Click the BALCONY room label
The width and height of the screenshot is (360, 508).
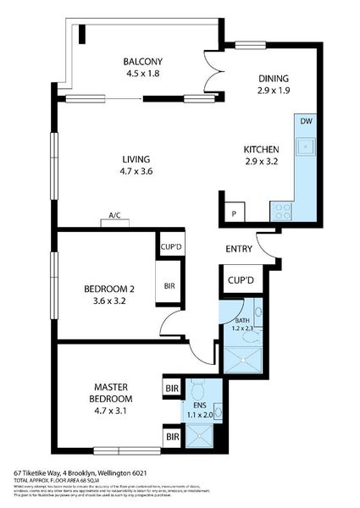tap(141, 61)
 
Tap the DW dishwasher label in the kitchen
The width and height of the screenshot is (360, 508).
tap(305, 121)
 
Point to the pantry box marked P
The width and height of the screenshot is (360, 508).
tap(233, 212)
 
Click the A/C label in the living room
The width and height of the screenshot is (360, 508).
tap(114, 216)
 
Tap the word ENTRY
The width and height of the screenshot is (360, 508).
tap(240, 249)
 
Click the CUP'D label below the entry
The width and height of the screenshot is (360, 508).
tap(240, 279)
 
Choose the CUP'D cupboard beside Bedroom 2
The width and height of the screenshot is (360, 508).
tap(169, 248)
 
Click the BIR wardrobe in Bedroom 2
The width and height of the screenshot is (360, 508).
tap(169, 286)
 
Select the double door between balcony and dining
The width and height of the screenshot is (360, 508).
tap(207, 75)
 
